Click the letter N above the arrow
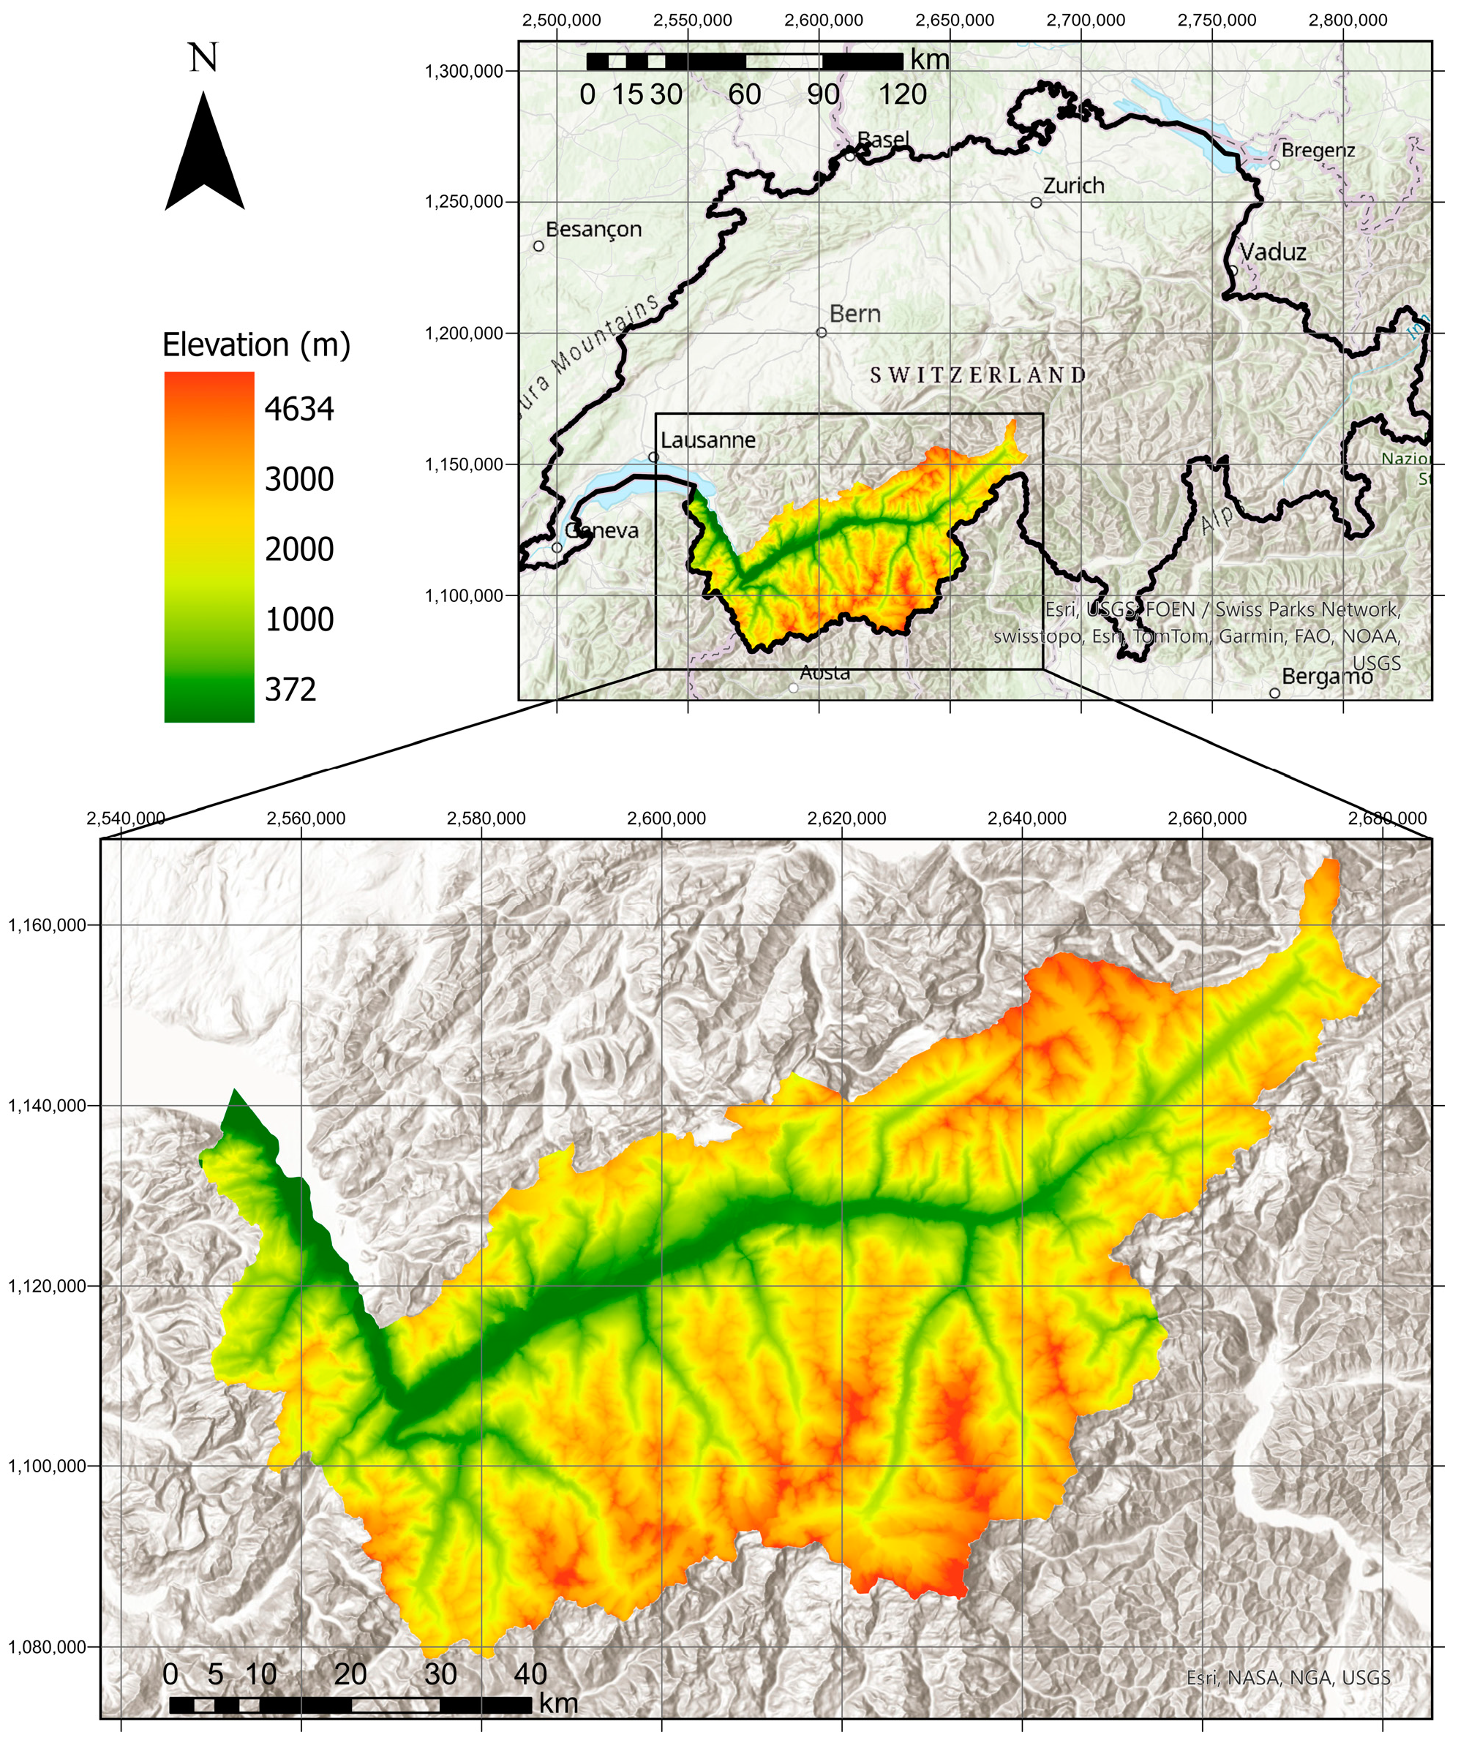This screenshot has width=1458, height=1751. pyautogui.click(x=203, y=59)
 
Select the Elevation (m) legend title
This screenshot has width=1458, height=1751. pyautogui.click(x=256, y=344)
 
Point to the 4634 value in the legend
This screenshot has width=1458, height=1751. pyautogui.click(x=298, y=410)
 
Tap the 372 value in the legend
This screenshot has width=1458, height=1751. pyautogui.click(x=290, y=690)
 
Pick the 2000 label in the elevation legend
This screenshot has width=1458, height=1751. pyautogui.click(x=298, y=549)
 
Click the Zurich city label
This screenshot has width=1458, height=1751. pyautogui.click(x=1073, y=186)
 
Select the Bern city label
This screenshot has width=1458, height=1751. pyautogui.click(x=855, y=315)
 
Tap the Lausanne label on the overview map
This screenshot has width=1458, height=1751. pyautogui.click(x=708, y=440)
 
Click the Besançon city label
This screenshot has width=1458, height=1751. pyautogui.click(x=594, y=230)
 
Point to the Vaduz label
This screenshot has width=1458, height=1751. pyautogui.click(x=1273, y=252)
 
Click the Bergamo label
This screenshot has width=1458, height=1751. pyautogui.click(x=1327, y=677)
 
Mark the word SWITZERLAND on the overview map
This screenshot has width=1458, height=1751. pyautogui.click(x=978, y=375)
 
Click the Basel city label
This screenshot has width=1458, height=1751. pyautogui.click(x=883, y=139)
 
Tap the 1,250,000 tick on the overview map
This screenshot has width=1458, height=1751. pyautogui.click(x=465, y=202)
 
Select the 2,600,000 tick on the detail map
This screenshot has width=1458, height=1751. pyautogui.click(x=666, y=818)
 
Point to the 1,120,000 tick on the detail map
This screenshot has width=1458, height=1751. pyautogui.click(x=48, y=1286)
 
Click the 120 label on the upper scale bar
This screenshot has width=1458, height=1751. pyautogui.click(x=903, y=94)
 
